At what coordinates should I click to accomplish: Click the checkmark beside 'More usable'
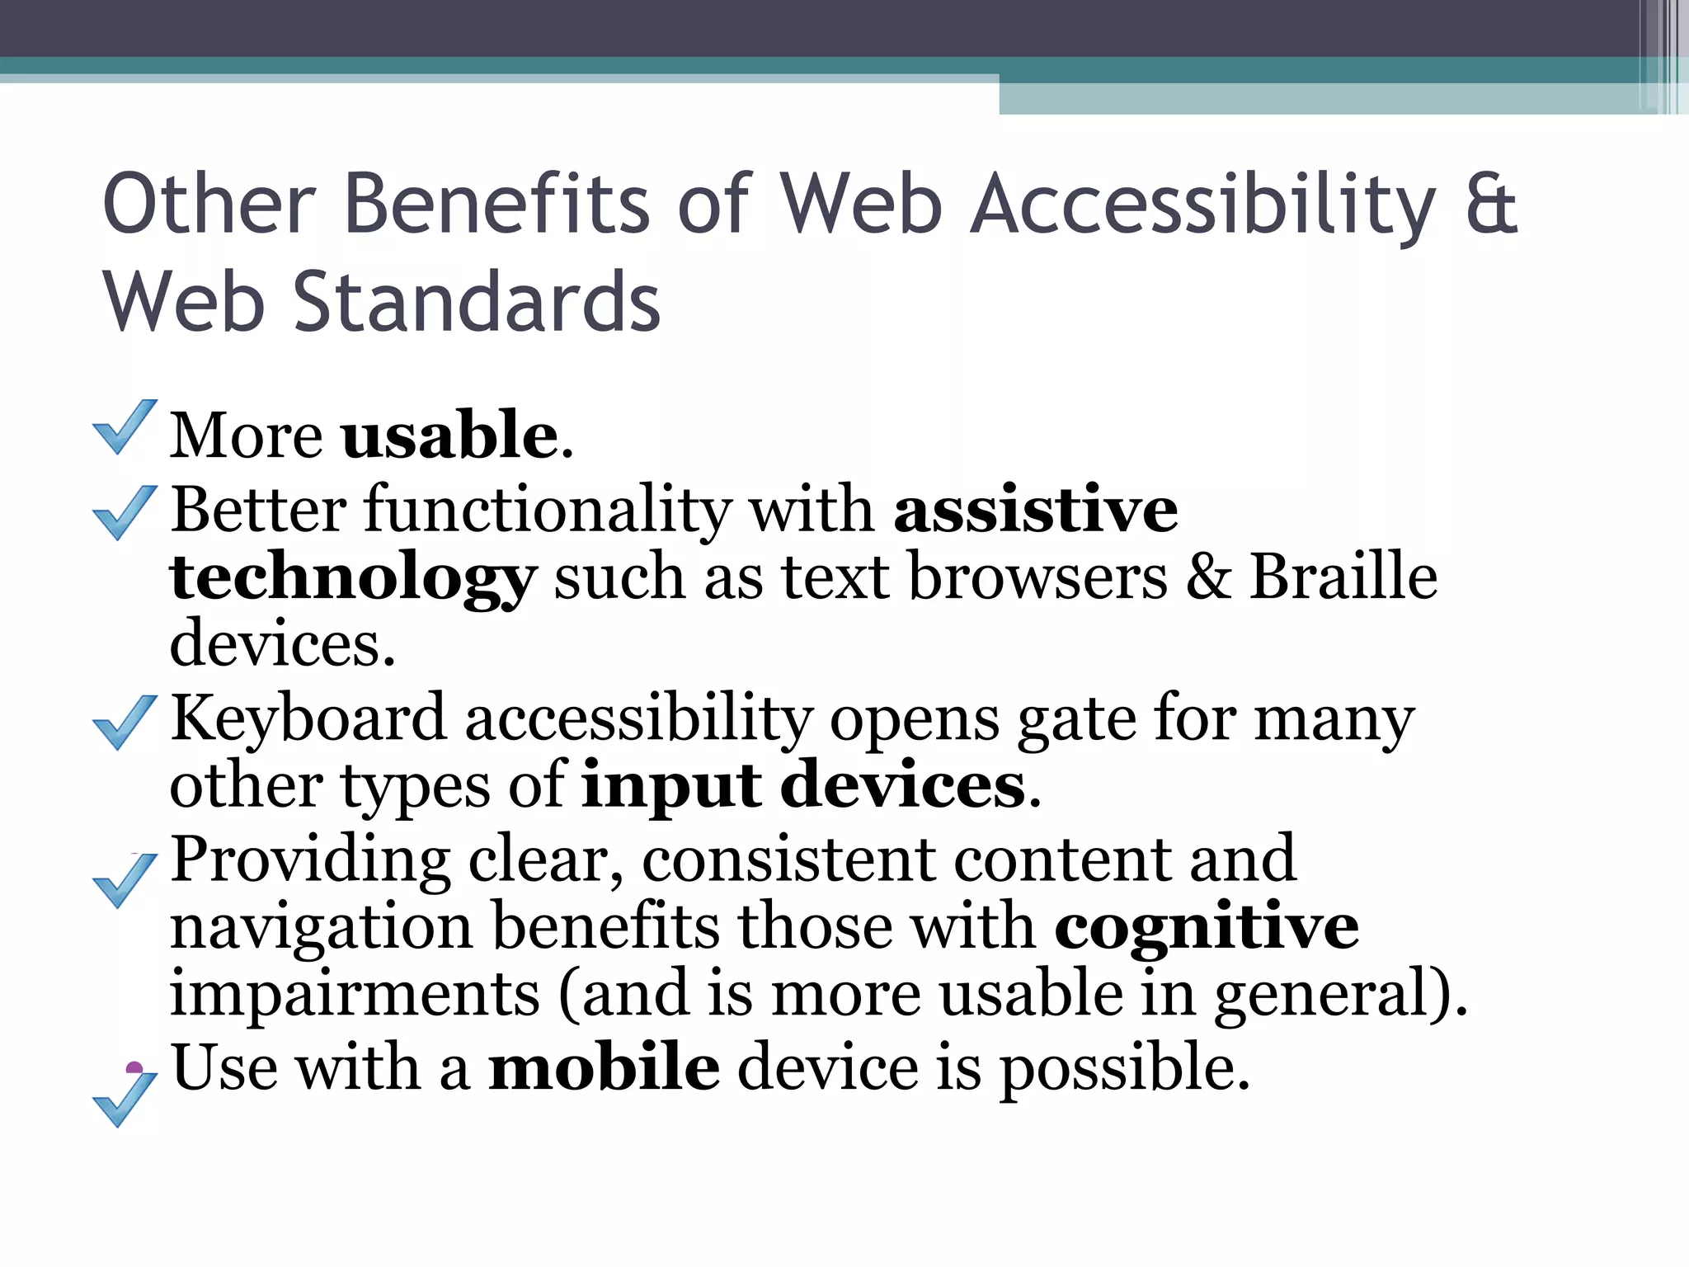coord(124,426)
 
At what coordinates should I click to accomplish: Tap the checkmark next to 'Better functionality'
coord(124,512)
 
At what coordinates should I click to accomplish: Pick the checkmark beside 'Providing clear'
coord(124,880)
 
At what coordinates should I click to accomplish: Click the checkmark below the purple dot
coord(124,1100)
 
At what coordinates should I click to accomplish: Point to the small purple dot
coord(134,1068)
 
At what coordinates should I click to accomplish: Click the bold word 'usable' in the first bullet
coord(449,435)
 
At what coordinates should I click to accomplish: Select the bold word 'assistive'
coord(1036,510)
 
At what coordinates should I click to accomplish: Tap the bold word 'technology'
coord(353,577)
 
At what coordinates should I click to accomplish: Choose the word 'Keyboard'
coord(308,718)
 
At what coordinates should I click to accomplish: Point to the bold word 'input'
coord(671,785)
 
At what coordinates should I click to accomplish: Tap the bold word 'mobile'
coord(604,1067)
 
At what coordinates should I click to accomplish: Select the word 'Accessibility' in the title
coord(1202,205)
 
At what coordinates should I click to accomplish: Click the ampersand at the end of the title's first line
coord(1491,205)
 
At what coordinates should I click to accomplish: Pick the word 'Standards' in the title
coord(477,303)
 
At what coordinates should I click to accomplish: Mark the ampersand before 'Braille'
coord(1208,577)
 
